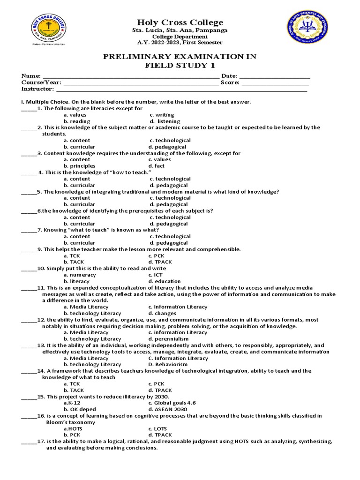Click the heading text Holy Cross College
point(180,22)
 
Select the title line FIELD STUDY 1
point(180,65)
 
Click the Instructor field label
point(37,89)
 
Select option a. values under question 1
point(75,114)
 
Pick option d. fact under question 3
point(157,165)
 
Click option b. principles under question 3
point(79,165)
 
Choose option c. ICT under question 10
point(156,275)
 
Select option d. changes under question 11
point(161,313)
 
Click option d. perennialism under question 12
point(168,338)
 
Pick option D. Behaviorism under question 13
point(168,364)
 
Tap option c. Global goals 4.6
point(172,403)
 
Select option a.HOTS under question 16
point(73,428)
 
